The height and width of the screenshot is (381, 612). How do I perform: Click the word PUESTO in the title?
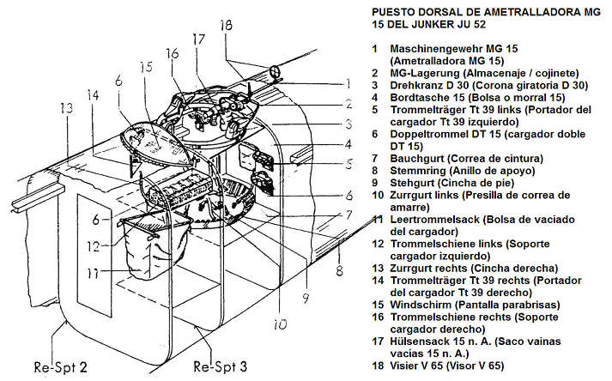396,13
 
